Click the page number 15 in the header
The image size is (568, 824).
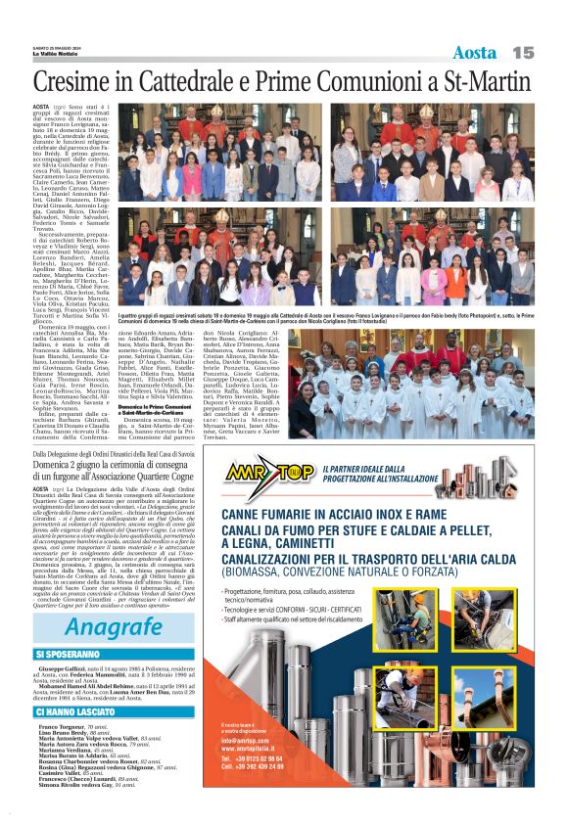click(524, 52)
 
